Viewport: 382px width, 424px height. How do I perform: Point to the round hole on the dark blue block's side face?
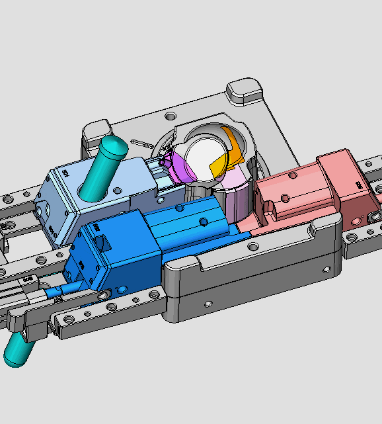pyautogui.click(x=122, y=289)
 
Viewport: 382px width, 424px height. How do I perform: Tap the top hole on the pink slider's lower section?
pyautogui.click(x=285, y=198)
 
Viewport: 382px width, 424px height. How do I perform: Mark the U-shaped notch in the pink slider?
pyautogui.click(x=270, y=211)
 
